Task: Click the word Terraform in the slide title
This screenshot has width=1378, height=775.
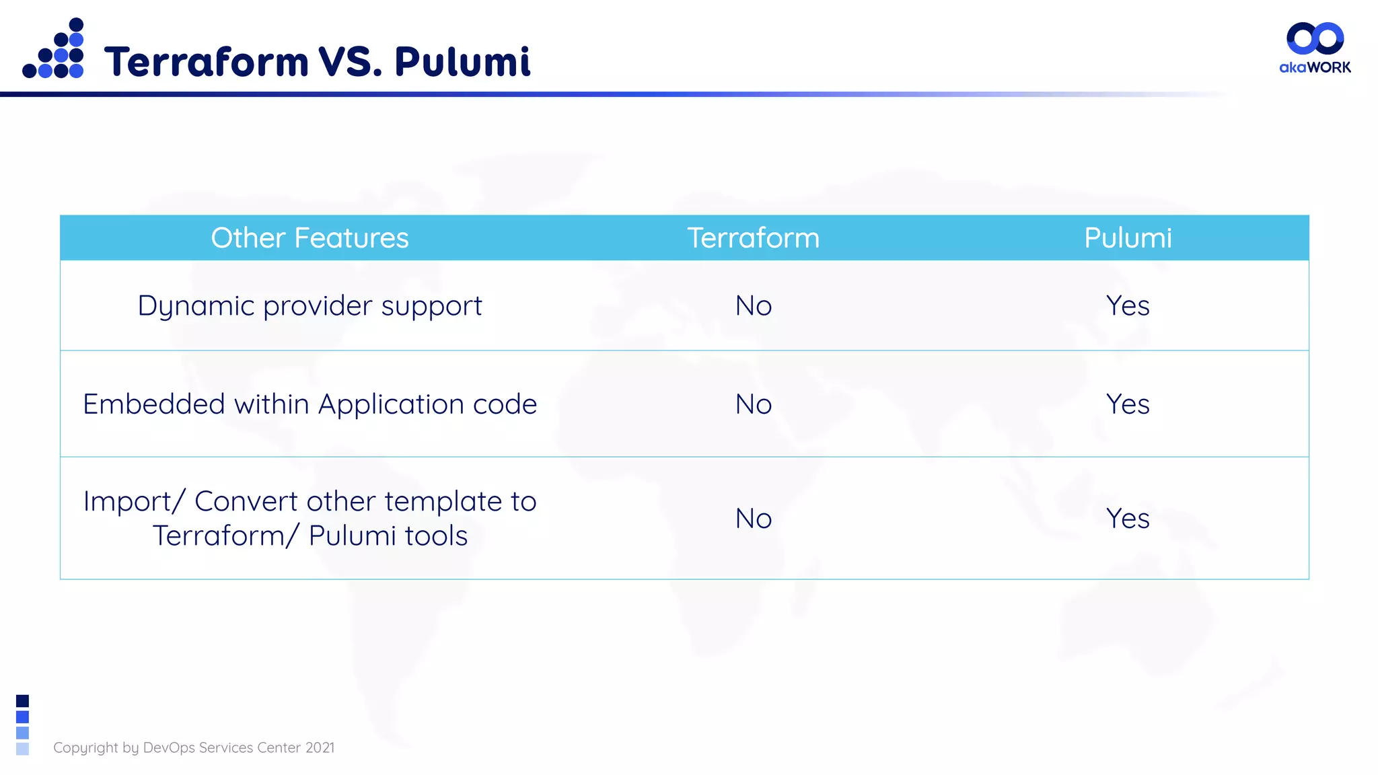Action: tap(206, 62)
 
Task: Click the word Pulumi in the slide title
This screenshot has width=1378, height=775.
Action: tap(462, 62)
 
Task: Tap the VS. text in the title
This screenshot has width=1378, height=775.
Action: tap(350, 62)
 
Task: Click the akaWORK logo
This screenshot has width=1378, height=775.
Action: tap(1315, 48)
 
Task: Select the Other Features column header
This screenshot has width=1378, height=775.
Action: tap(310, 238)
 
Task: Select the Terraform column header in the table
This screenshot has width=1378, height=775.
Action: tap(753, 238)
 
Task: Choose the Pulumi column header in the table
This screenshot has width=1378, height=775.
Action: tap(1128, 238)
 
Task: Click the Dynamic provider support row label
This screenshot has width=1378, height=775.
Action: tap(310, 306)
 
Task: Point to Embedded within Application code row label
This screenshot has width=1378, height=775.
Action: tap(310, 404)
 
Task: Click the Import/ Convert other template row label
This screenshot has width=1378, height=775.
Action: tap(310, 518)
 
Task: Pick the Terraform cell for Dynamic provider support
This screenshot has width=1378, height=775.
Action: tap(753, 306)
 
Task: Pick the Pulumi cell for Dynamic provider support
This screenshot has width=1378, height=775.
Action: tap(1128, 306)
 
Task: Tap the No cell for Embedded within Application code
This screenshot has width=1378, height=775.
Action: tap(753, 404)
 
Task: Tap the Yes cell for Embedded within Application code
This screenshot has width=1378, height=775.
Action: tap(1128, 404)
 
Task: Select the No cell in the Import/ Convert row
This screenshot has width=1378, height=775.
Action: tap(753, 519)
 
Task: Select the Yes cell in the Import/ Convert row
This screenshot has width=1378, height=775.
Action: tap(1128, 519)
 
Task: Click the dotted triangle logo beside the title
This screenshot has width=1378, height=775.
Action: tap(54, 50)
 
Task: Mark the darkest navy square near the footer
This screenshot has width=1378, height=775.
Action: tap(22, 701)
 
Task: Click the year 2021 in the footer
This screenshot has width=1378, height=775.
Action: tap(320, 747)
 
